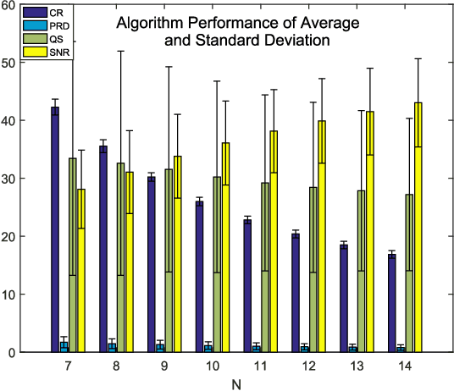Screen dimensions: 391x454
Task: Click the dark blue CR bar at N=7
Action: [x=55, y=229]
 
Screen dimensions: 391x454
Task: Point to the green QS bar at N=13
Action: [x=362, y=271]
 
